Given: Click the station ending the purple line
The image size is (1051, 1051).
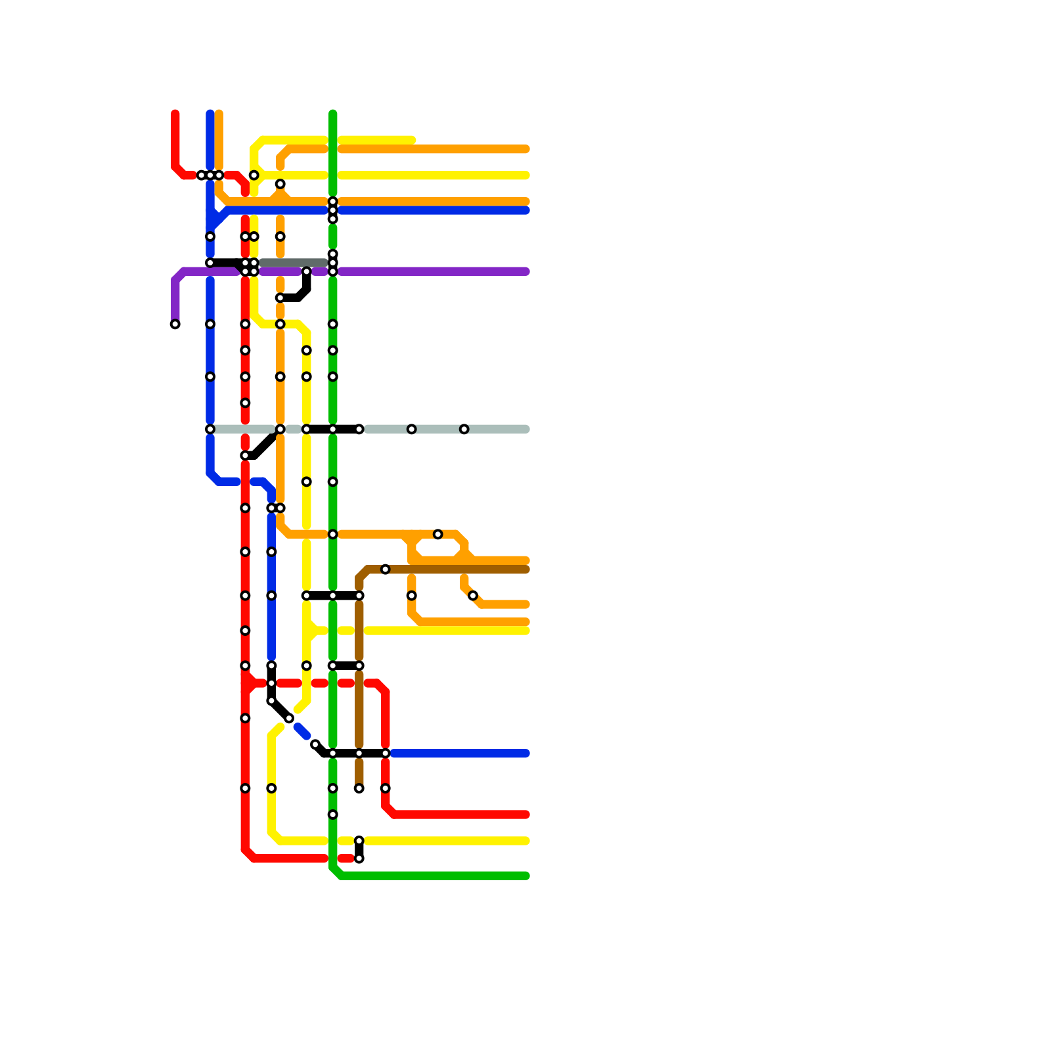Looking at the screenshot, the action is (175, 324).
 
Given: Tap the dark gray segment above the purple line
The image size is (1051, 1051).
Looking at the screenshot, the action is (294, 263).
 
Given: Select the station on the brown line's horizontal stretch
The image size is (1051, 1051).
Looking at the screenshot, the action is (386, 570).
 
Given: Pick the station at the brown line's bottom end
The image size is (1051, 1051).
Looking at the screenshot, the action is (359, 788).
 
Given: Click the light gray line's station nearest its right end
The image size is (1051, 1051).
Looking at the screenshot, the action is (464, 430).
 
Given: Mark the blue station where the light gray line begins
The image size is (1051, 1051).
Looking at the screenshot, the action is (210, 430).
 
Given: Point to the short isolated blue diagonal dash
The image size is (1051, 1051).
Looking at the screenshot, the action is (302, 731).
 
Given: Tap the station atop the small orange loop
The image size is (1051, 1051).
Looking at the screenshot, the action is (438, 534).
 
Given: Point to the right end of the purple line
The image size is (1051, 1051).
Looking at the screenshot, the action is (526, 271).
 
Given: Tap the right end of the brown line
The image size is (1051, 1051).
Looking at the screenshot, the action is (526, 570).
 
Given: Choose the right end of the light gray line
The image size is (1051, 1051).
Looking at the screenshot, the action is (526, 430).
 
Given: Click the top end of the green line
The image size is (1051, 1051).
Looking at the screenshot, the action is (333, 114).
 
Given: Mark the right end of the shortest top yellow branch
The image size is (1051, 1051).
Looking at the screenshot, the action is (413, 140).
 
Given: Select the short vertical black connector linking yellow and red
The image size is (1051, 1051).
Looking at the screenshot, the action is (359, 850).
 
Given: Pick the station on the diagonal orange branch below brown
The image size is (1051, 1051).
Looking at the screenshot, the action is (473, 596).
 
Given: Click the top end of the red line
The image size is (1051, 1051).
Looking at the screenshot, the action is (175, 114).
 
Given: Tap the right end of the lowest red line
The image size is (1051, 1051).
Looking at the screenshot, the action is (526, 815).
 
